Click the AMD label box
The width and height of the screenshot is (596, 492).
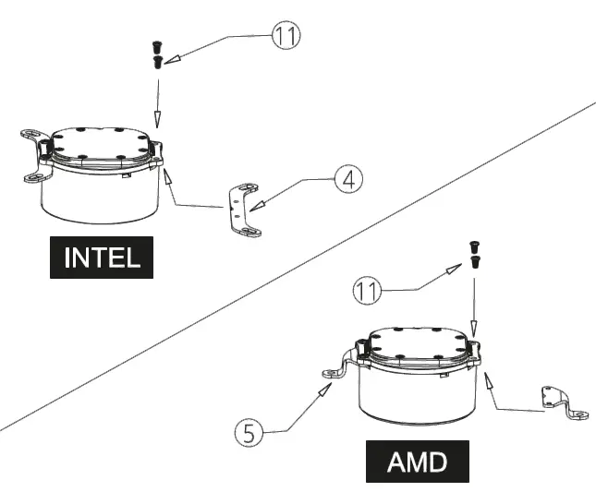[417, 461]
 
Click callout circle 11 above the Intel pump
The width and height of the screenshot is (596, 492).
[286, 38]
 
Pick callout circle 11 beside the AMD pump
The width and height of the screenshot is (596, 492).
[367, 293]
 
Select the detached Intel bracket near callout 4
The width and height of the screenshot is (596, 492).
[239, 210]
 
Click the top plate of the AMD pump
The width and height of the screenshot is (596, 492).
[420, 346]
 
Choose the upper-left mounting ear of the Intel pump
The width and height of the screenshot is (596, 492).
[34, 138]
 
